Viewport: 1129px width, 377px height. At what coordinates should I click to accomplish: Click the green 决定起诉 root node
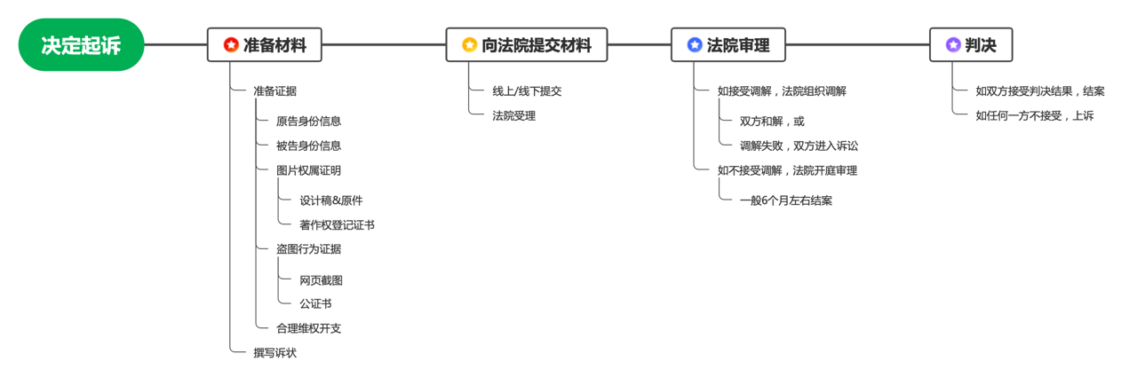[81, 45]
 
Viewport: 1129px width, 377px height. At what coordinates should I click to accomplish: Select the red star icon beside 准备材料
[231, 45]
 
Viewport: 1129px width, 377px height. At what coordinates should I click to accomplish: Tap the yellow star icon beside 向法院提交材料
[469, 45]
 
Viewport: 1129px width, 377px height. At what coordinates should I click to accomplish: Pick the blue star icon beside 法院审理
[695, 45]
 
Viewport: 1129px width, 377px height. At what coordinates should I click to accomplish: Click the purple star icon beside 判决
[953, 45]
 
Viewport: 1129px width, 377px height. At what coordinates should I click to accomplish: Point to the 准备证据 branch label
[274, 91]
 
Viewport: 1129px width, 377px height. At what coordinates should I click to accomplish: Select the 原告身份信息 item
[308, 122]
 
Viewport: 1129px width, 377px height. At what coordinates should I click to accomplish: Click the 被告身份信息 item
[308, 146]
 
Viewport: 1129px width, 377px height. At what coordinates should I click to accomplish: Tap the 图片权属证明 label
[308, 170]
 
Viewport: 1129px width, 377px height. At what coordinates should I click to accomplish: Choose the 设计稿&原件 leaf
[331, 200]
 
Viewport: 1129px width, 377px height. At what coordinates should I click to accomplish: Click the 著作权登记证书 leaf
[337, 225]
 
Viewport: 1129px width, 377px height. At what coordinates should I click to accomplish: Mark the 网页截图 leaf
[321, 280]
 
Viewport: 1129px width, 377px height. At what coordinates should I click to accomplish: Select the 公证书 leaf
[315, 303]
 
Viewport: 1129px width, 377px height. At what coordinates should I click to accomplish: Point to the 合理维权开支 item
[308, 329]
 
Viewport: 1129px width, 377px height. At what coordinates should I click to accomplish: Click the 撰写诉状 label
[274, 353]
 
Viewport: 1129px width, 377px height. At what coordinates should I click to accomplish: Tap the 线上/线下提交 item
[527, 91]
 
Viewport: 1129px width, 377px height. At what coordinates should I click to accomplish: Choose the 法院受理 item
[513, 116]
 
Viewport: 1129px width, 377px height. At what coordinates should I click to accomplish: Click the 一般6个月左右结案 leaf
[786, 200]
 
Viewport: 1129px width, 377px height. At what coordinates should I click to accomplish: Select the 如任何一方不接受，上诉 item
[1035, 116]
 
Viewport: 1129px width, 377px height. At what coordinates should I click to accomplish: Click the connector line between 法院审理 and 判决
[857, 45]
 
